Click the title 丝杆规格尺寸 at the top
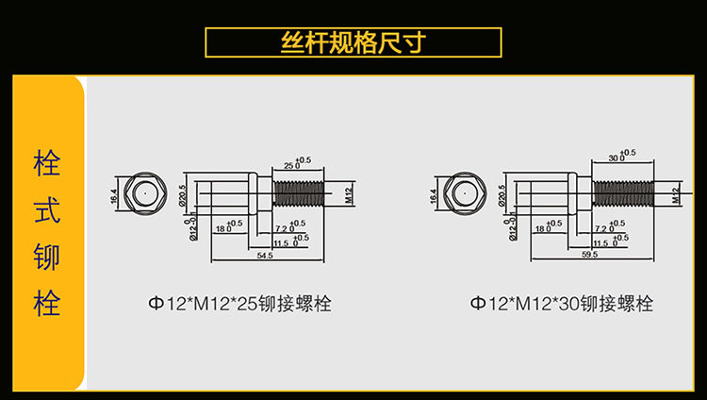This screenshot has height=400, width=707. tap(353, 42)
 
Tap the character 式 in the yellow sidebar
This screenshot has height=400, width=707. tap(47, 210)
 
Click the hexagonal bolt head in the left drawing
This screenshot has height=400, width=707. tap(143, 193)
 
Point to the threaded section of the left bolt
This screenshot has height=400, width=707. tap(299, 193)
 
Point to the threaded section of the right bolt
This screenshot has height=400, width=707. tap(624, 193)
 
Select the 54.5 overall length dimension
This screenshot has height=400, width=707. tap(265, 256)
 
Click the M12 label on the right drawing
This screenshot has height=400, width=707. tap(676, 196)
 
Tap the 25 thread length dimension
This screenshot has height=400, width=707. tap(289, 165)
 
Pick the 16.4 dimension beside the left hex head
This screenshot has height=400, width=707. tap(115, 195)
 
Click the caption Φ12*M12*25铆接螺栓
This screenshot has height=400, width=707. tap(238, 304)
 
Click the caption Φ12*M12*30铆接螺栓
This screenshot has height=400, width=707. tap(562, 304)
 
